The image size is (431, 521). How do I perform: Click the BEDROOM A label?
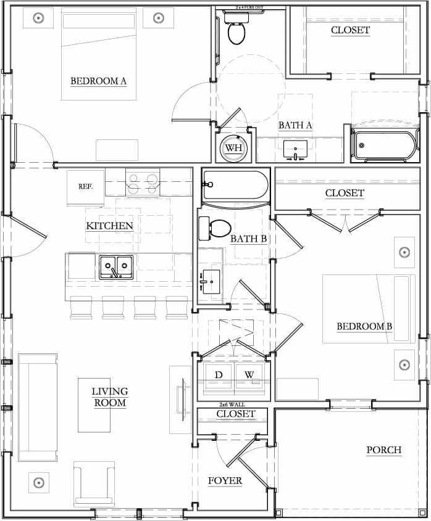(x=98, y=80)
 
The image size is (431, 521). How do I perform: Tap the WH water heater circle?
(x=233, y=148)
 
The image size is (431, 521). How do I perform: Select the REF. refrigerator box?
(x=85, y=186)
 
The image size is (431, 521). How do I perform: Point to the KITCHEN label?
(x=109, y=226)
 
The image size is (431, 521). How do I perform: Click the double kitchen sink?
(x=116, y=268)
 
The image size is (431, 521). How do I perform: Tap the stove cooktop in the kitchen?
(x=143, y=181)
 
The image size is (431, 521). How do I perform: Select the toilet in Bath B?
(x=214, y=228)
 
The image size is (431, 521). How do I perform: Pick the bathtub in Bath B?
(x=235, y=184)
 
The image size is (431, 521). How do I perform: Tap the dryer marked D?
(x=219, y=375)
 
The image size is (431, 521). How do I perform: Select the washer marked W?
(x=249, y=375)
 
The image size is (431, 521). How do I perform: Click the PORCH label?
(x=383, y=450)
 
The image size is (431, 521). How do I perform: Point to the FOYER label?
(x=225, y=481)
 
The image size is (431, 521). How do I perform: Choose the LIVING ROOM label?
(x=110, y=397)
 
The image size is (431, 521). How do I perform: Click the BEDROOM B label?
(x=364, y=327)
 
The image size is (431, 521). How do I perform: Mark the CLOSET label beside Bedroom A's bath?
(x=350, y=30)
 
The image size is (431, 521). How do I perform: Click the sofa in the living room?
(x=38, y=407)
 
